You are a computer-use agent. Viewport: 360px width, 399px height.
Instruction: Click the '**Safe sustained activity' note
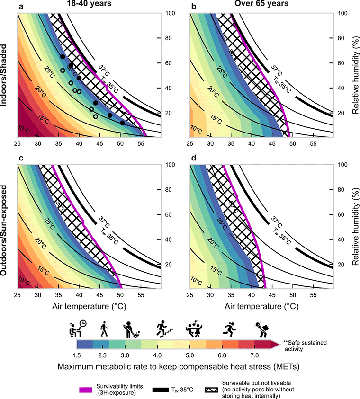(x=303, y=346)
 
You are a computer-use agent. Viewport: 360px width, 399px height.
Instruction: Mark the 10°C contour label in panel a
(x=24, y=128)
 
